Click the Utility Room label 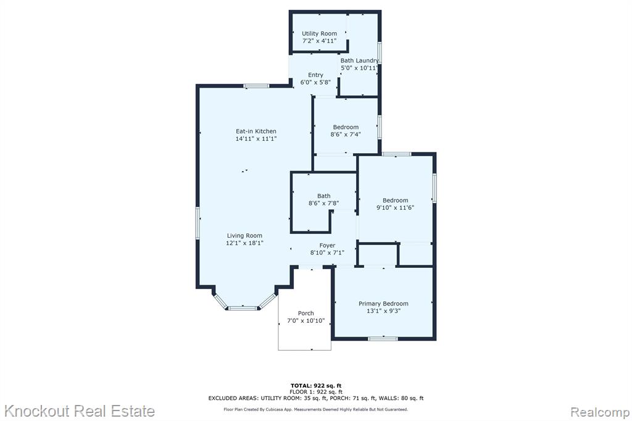click(x=319, y=33)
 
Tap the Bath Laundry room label click(x=360, y=60)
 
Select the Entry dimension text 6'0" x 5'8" click(x=315, y=82)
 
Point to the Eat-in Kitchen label click(x=256, y=131)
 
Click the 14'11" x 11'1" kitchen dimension click(x=256, y=139)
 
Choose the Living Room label click(x=244, y=236)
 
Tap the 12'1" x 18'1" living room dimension click(x=244, y=243)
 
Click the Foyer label click(x=327, y=245)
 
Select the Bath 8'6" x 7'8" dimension click(x=323, y=204)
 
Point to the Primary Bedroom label click(x=383, y=304)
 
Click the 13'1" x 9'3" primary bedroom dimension click(x=383, y=311)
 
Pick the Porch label click(x=306, y=314)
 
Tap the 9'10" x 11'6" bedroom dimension click(x=396, y=208)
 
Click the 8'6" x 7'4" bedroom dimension click(x=346, y=135)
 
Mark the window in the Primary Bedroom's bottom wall click(x=383, y=339)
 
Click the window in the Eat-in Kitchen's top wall click(x=256, y=86)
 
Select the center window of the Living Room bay click(x=243, y=309)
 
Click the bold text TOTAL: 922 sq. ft click(x=316, y=386)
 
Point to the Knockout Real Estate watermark click(x=79, y=411)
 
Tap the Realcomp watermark click(x=600, y=412)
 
